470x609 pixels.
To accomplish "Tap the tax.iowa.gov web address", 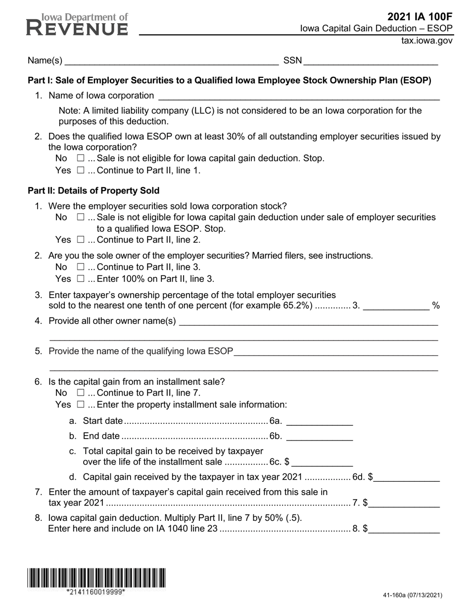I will (426, 41).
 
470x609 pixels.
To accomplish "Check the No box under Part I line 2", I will (81, 158).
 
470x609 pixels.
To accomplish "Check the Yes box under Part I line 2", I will (81, 170).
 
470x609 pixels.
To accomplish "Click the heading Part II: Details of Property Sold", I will (94, 191).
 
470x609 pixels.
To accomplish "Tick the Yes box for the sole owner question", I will (81, 279).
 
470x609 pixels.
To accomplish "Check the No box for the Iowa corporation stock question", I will (81, 217).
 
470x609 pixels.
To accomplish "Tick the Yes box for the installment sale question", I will (81, 405).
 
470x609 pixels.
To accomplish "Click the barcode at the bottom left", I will (96, 578).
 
